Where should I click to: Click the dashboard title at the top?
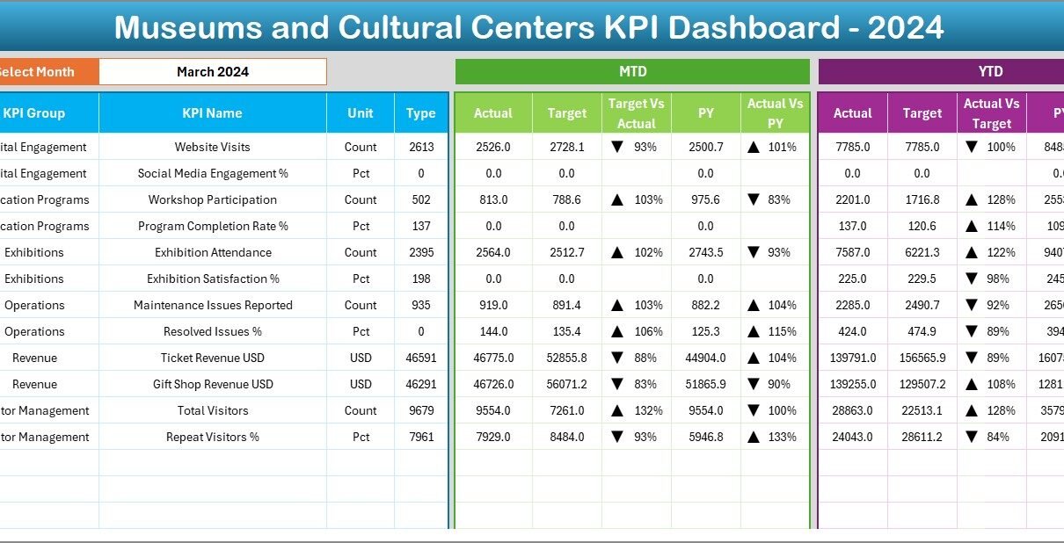[529, 27]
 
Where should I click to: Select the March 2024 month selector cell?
[213, 72]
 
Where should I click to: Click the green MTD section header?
[632, 72]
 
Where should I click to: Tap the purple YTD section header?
[990, 72]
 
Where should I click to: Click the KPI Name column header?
[212, 113]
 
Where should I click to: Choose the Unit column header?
[361, 113]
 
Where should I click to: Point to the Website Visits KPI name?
[212, 147]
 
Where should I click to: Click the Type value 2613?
[421, 147]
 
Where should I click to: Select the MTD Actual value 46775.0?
[493, 358]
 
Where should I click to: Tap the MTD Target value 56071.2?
[566, 384]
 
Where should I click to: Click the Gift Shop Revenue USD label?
[212, 384]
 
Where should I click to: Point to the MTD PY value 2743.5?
[705, 252]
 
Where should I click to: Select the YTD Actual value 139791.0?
[853, 358]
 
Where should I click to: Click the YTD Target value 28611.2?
[922, 437]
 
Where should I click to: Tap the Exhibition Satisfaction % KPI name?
[212, 279]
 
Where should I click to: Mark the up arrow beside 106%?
[617, 331]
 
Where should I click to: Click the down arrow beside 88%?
[617, 358]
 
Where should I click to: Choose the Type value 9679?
[421, 410]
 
